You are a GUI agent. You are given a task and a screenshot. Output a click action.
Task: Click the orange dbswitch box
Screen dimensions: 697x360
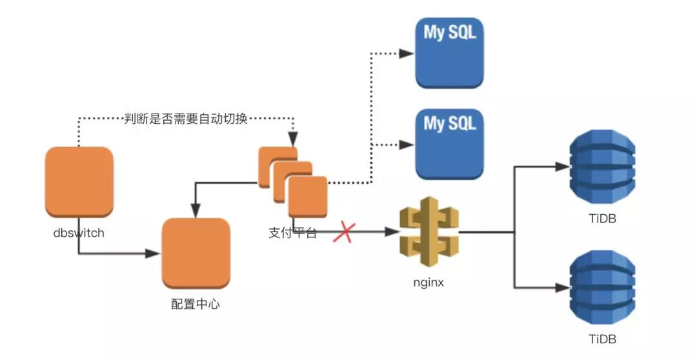click(x=79, y=182)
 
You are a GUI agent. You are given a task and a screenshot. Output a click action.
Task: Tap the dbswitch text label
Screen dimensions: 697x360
click(x=79, y=233)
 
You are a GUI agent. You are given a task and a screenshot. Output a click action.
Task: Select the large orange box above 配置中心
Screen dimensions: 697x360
click(x=196, y=254)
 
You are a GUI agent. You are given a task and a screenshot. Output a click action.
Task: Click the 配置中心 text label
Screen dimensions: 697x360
click(x=196, y=304)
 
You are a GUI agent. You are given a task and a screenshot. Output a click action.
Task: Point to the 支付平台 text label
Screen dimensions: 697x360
click(x=292, y=232)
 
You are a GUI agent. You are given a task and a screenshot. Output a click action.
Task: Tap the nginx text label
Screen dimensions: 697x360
click(x=429, y=282)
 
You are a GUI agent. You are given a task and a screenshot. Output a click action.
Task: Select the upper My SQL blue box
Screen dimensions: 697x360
click(x=449, y=54)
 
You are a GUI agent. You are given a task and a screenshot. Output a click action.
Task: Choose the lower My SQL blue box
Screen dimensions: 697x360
click(x=449, y=145)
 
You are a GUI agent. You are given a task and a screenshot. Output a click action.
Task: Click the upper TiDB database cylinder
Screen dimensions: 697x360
click(x=602, y=166)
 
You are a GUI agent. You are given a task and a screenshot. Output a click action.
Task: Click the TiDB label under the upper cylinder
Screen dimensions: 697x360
click(x=603, y=219)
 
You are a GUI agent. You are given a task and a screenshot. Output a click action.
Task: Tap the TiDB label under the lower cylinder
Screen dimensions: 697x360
click(x=603, y=339)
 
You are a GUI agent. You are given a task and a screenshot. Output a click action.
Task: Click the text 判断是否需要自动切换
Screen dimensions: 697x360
click(x=186, y=119)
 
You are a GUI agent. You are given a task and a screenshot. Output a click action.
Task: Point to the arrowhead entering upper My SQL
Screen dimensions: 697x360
click(x=407, y=54)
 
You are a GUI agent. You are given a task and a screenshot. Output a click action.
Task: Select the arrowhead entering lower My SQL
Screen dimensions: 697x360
click(x=407, y=145)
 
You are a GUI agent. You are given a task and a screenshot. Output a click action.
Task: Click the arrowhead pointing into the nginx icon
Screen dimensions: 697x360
click(x=392, y=232)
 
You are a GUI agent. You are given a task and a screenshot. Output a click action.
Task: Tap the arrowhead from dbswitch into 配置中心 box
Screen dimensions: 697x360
click(x=153, y=254)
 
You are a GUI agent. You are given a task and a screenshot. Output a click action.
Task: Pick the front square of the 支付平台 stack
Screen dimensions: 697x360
click(x=308, y=197)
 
